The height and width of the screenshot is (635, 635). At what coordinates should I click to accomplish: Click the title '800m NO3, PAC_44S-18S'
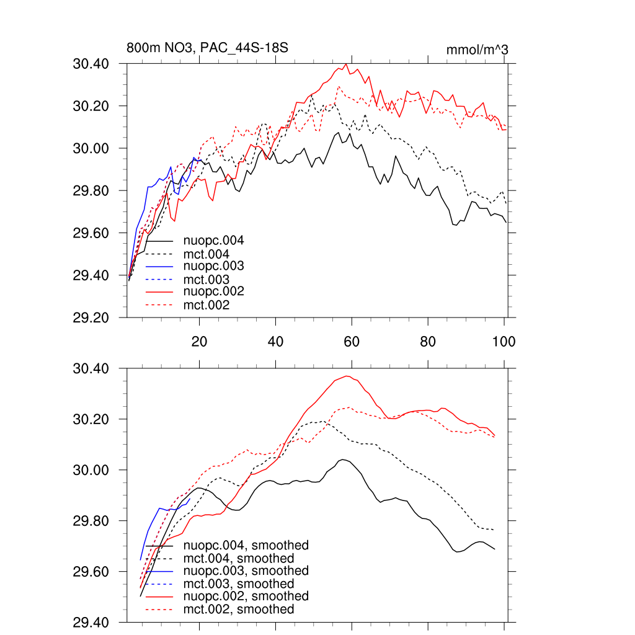coord(207,48)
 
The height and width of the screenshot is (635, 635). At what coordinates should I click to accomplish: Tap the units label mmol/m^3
coord(477,49)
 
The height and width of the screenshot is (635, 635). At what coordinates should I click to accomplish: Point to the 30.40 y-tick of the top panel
coord(91,64)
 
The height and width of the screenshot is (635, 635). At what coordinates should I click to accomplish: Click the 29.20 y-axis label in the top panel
coord(91,317)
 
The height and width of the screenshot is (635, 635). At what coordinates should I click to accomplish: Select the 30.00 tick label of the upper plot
coord(91,148)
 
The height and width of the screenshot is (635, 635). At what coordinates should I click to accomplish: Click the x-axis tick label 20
coord(199,341)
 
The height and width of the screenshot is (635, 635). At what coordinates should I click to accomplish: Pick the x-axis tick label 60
coord(352,341)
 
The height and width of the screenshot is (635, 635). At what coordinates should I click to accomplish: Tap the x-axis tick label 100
coord(503,341)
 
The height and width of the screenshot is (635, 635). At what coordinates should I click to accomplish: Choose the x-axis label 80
coord(428,341)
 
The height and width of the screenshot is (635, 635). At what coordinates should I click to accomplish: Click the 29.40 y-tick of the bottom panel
coord(91,622)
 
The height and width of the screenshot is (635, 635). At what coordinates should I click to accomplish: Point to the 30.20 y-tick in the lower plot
coord(91,419)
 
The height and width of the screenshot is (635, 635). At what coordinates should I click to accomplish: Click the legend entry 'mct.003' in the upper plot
coord(206,280)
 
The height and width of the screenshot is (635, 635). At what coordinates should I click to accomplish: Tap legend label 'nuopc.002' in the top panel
coord(213,291)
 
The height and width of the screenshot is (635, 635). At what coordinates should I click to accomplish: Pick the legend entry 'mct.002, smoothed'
coord(238,610)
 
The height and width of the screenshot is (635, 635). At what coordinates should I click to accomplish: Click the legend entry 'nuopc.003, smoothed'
coord(246,571)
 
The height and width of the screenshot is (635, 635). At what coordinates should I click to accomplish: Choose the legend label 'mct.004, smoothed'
coord(238,558)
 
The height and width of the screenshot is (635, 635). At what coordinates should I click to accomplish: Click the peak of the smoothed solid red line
coord(347,376)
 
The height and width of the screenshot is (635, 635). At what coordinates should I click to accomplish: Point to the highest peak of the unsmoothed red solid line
coord(347,64)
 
